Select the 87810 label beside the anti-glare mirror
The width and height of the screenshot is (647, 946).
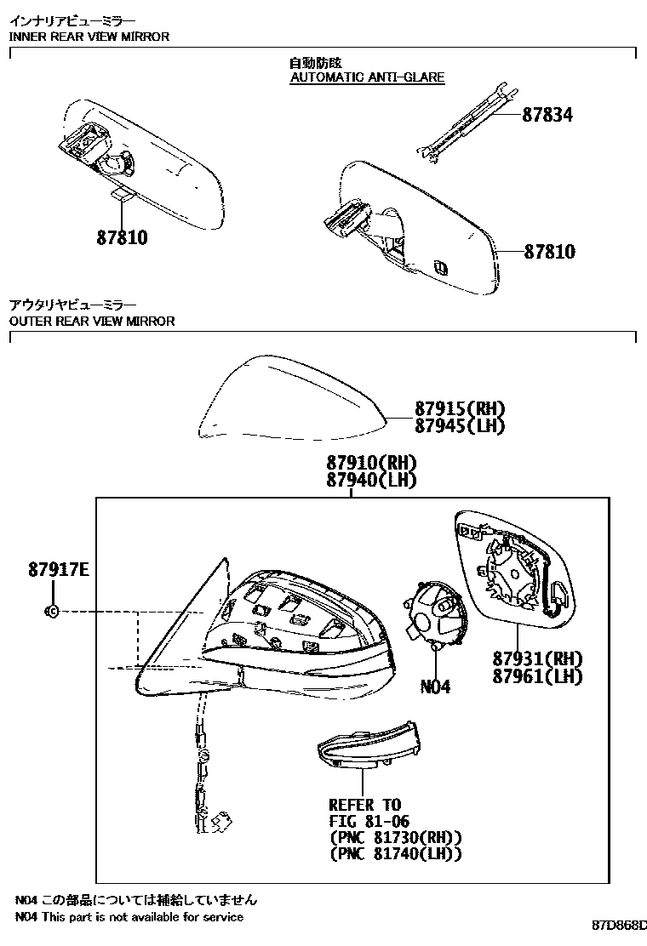[549, 252]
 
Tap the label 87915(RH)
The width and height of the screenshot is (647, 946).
[460, 408]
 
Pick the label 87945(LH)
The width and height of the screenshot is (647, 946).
[460, 426]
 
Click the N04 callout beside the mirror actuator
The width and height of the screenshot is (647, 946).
[435, 687]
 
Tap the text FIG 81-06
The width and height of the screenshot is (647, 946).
[369, 822]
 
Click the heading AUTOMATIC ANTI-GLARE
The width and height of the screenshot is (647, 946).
[368, 77]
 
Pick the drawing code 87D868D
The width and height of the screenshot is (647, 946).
[620, 923]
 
